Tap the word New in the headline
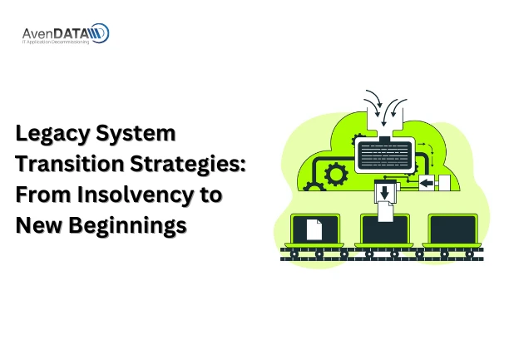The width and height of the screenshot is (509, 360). pos(39,224)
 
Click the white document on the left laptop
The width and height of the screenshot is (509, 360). pos(314,229)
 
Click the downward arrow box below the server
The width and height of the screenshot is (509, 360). pos(383,193)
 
